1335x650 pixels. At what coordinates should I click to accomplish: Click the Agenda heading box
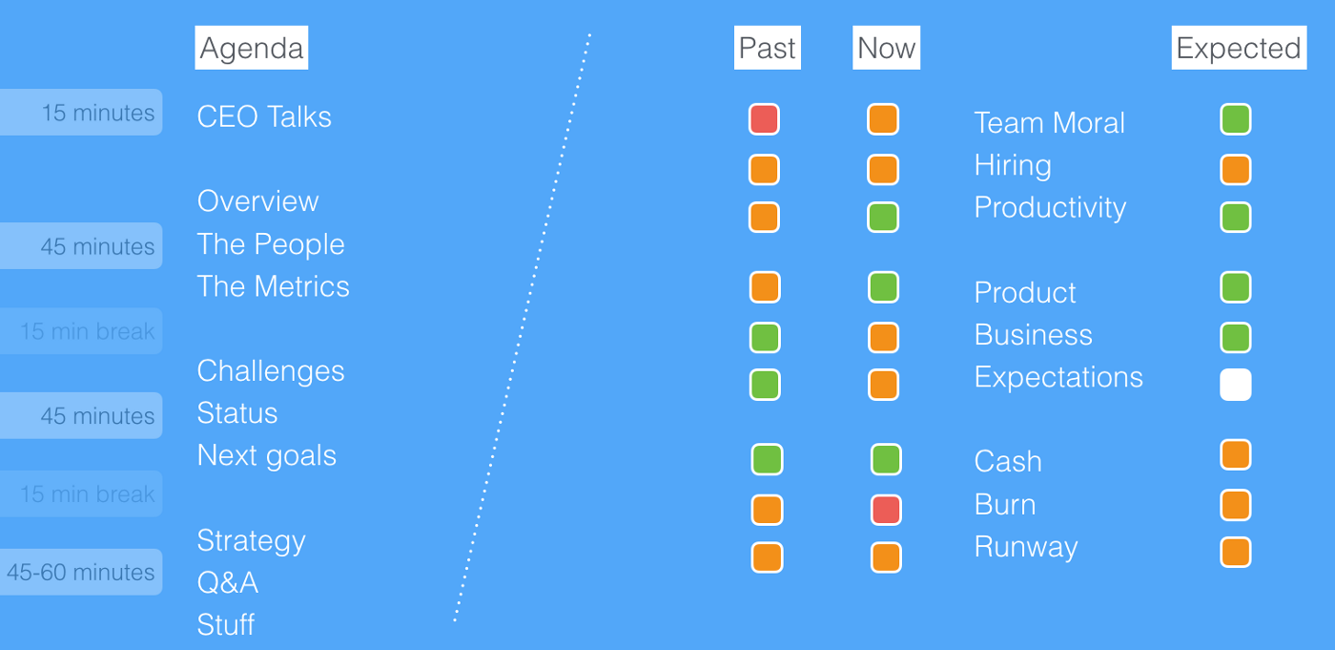(x=252, y=48)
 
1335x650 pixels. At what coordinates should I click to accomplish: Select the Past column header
(x=767, y=48)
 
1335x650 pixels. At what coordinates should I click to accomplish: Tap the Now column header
(x=886, y=48)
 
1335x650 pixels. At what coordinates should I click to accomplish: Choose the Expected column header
(x=1239, y=48)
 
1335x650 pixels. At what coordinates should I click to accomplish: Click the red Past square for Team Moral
(x=764, y=119)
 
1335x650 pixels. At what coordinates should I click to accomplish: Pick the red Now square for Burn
(x=886, y=510)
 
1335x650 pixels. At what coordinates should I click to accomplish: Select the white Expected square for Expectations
(x=1236, y=385)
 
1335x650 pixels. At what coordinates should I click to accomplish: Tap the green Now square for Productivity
(x=883, y=217)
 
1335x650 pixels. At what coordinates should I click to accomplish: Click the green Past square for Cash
(x=767, y=460)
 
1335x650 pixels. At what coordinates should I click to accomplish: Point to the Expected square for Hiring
(x=1236, y=169)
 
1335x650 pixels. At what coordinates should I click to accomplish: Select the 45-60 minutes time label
(x=81, y=572)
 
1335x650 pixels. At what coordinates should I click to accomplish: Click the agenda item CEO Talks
(x=264, y=116)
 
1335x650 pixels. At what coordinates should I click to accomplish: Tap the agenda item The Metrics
(x=273, y=286)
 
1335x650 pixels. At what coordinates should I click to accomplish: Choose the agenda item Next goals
(x=266, y=456)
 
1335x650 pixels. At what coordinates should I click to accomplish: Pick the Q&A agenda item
(x=228, y=582)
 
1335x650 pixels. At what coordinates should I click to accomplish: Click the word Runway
(x=1026, y=548)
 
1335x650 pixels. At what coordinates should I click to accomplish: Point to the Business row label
(x=1033, y=334)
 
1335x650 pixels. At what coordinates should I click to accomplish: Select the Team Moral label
(x=1049, y=123)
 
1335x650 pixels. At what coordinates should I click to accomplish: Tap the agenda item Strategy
(x=251, y=541)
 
